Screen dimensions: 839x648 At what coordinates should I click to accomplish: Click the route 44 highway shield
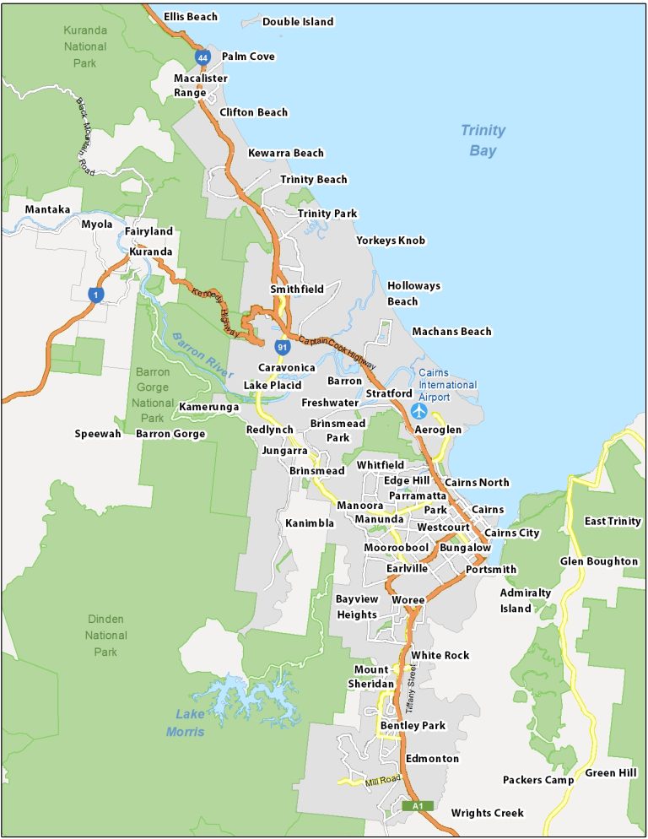(x=202, y=57)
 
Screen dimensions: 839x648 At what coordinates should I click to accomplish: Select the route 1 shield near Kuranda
(x=97, y=293)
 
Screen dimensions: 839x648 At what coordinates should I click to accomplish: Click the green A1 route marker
(x=418, y=806)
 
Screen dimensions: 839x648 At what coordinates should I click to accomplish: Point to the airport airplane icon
(x=419, y=411)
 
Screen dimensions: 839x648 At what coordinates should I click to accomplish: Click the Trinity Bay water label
(x=483, y=140)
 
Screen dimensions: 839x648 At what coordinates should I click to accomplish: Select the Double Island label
(x=298, y=21)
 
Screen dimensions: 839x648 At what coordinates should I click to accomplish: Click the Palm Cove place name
(x=248, y=57)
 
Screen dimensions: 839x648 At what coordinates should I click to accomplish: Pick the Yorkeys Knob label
(x=391, y=241)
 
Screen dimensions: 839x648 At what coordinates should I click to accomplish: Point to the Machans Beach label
(x=451, y=332)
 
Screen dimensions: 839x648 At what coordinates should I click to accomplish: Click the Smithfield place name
(x=297, y=290)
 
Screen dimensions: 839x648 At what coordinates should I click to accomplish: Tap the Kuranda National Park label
(x=85, y=46)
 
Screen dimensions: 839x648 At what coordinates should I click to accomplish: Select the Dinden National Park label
(x=106, y=635)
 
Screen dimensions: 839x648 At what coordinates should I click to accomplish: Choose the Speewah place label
(x=98, y=434)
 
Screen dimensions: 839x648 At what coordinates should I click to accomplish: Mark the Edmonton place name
(x=432, y=759)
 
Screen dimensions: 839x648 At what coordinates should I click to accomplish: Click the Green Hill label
(x=611, y=773)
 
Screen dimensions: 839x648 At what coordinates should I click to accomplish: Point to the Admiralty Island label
(x=525, y=600)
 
